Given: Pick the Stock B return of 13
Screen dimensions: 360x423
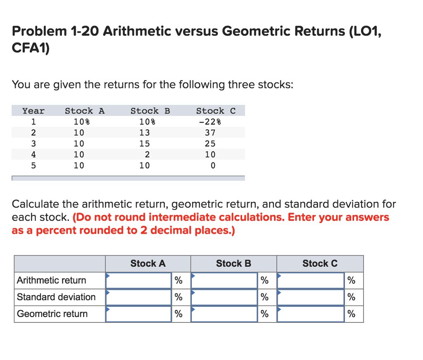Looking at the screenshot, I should click(145, 133).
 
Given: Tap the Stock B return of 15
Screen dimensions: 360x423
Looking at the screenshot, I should click(145, 144).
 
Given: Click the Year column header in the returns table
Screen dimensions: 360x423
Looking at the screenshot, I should click(33, 111).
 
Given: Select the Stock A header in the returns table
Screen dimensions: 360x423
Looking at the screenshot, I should click(85, 111).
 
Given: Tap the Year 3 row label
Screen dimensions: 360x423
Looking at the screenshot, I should click(34, 144).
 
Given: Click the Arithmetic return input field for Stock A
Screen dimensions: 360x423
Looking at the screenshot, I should click(138, 280).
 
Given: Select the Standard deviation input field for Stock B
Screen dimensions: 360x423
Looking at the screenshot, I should click(224, 297).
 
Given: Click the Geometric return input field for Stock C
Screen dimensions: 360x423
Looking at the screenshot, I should click(311, 314).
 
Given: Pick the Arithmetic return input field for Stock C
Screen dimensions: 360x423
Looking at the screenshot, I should click(311, 280).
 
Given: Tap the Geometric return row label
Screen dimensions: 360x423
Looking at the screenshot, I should click(52, 314).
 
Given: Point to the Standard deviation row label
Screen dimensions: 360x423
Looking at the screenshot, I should click(56, 297).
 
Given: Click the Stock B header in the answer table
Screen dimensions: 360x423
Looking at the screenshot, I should click(233, 263).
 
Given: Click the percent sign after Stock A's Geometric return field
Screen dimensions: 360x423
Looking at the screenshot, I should click(178, 314).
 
